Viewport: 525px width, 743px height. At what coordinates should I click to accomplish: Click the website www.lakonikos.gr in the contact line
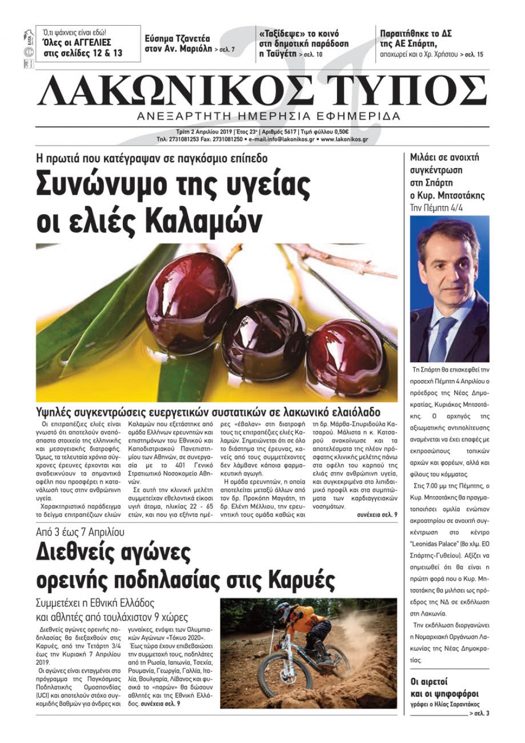click(x=344, y=140)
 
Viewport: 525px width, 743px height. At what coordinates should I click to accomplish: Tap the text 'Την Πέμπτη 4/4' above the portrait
click(x=436, y=208)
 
